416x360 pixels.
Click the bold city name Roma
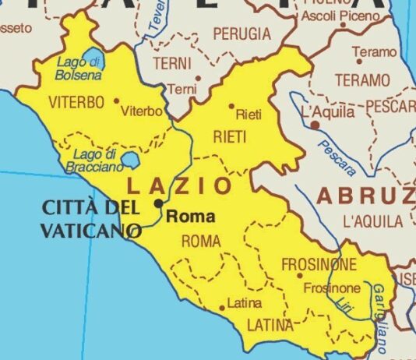tap(190, 217)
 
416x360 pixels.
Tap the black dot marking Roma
tap(158, 203)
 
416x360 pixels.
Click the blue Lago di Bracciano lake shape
tap(129, 162)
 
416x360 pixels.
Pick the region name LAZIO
tap(179, 186)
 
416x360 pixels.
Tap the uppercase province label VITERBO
tap(76, 103)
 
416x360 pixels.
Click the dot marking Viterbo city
tap(117, 101)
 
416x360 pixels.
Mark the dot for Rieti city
tap(231, 106)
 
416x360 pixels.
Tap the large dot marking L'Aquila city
tap(314, 125)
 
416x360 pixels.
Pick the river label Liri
tap(347, 305)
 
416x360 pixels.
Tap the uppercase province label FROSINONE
tap(318, 264)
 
